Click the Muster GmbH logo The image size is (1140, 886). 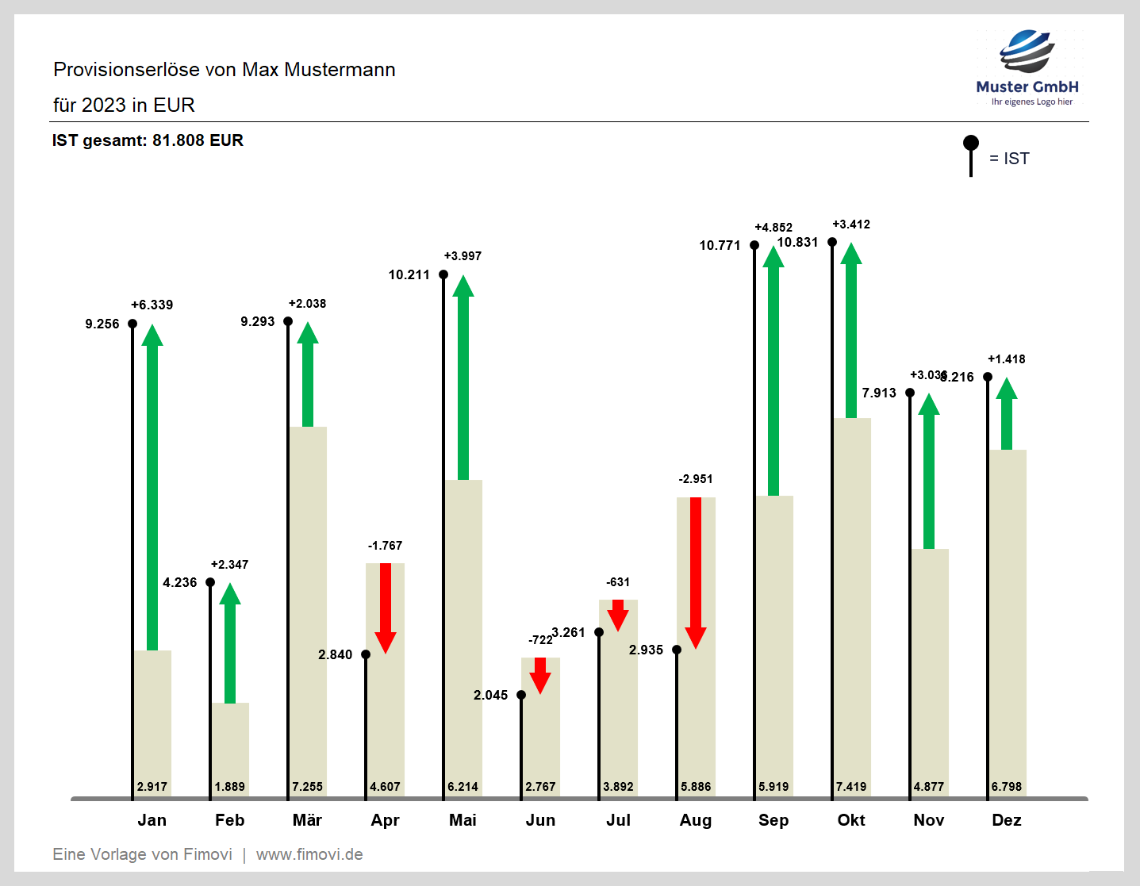coord(1027,67)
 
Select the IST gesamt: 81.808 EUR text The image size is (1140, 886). coord(148,140)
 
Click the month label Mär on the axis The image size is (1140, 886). coord(307,820)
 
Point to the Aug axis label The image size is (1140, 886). coord(696,820)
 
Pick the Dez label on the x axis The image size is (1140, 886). coord(1007,820)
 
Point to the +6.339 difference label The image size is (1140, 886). coord(152,305)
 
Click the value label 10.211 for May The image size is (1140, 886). coord(409,274)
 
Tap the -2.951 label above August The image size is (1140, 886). coord(696,479)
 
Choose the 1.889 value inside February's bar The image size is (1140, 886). coord(230,787)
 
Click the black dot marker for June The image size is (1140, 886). coord(521,695)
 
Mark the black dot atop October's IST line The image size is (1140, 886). coord(832,242)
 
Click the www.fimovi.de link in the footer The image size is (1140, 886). coord(309,854)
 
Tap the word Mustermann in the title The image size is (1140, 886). coord(340,70)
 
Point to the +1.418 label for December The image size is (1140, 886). coord(1007,359)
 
